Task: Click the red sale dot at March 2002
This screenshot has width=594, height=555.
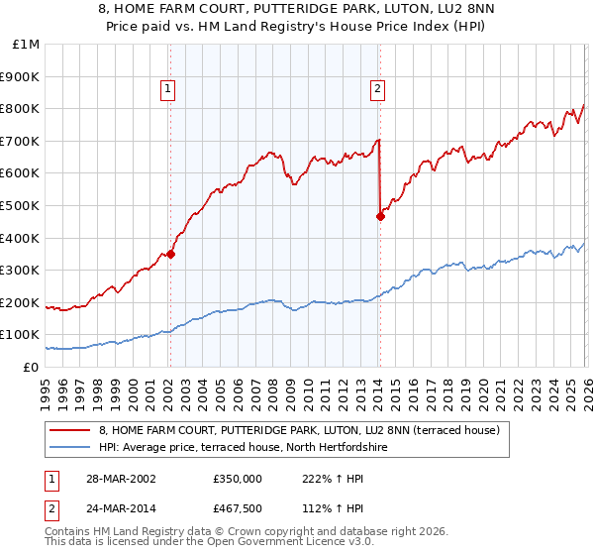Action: click(x=170, y=254)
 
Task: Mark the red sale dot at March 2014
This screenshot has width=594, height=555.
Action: click(x=380, y=216)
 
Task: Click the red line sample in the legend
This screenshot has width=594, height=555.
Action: click(x=70, y=431)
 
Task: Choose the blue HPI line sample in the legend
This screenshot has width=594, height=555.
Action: click(x=70, y=447)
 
